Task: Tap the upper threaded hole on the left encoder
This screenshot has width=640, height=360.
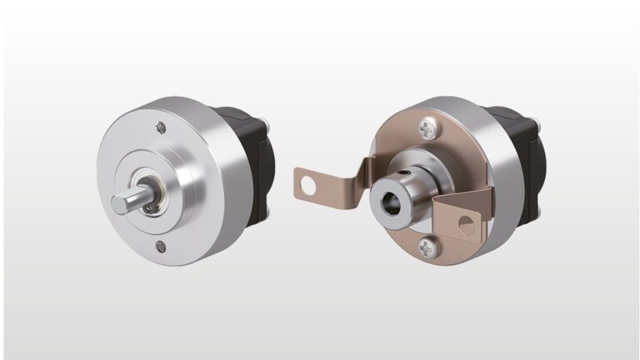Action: tap(159, 127)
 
